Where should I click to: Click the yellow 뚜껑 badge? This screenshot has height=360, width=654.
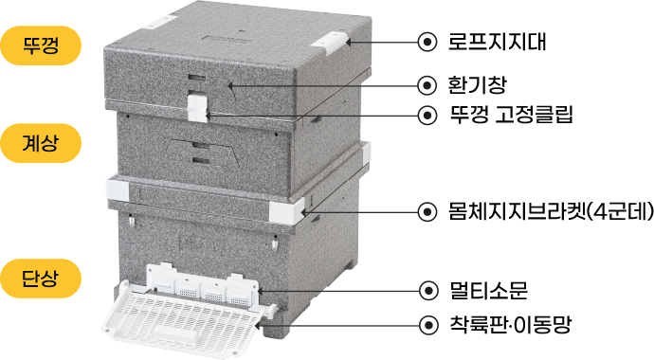40,45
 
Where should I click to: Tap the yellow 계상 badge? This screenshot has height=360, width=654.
40,143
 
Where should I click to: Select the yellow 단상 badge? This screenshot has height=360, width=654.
40,279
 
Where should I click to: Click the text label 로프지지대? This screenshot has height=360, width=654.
497,42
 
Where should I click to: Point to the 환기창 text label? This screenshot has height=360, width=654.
477,85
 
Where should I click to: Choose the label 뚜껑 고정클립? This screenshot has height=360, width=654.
511,115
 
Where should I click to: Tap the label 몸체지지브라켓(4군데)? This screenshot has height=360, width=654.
551,211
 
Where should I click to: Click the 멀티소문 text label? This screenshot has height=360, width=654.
488,291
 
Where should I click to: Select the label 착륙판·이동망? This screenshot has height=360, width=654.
510,324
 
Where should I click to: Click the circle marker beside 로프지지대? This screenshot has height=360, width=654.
427,42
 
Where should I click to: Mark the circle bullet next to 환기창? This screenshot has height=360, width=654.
427,85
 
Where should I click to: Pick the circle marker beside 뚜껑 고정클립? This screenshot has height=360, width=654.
427,115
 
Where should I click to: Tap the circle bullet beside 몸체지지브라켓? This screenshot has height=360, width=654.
427,211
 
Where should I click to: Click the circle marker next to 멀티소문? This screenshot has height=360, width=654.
428,291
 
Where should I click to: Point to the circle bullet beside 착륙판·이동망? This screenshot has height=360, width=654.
428,324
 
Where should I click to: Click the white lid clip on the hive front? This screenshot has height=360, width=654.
197,108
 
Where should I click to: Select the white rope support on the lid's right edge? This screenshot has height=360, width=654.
331,43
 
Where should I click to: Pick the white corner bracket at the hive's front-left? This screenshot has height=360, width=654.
118,189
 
